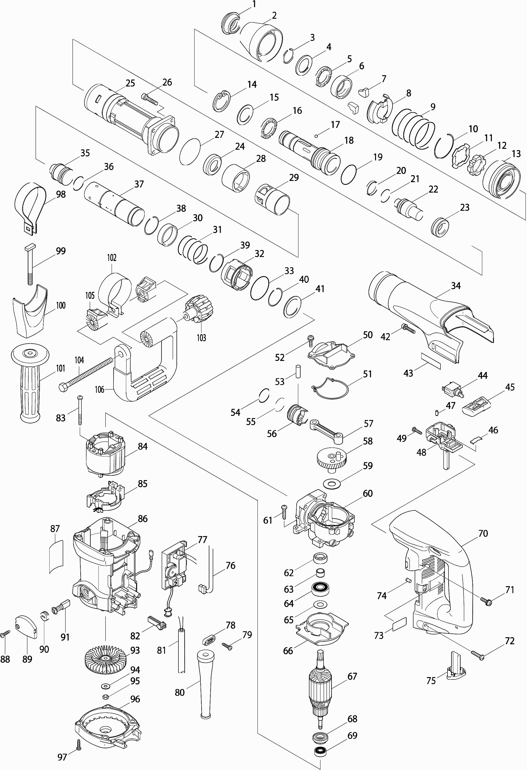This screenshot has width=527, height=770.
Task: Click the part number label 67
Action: click(x=352, y=676)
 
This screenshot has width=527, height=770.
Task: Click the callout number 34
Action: click(x=456, y=286)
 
